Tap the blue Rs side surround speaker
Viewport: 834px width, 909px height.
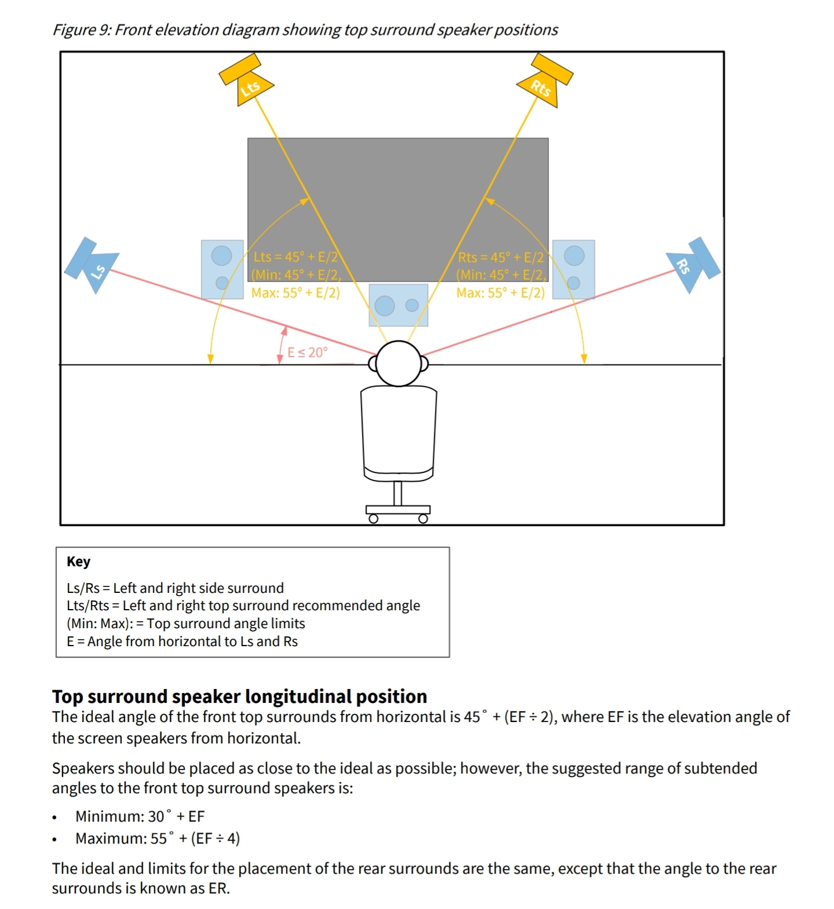tap(693, 264)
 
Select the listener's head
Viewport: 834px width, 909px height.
tap(398, 363)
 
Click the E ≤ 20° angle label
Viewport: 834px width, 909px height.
tap(308, 352)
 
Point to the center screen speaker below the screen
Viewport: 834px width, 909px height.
tap(398, 305)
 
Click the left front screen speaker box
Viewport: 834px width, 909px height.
tap(222, 269)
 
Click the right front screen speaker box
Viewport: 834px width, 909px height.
tap(573, 269)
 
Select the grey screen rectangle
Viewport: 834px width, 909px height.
tap(398, 191)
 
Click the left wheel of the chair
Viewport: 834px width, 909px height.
tap(374, 519)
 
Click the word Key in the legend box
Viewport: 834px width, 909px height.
tap(79, 562)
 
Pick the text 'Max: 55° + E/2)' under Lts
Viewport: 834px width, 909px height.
tap(295, 293)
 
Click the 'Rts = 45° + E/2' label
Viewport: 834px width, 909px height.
tap(500, 257)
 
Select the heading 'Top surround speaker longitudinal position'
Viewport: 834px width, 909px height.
tap(240, 696)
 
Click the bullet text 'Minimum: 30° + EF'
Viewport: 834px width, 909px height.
tap(140, 816)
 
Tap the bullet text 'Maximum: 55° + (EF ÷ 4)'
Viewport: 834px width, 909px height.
tap(158, 838)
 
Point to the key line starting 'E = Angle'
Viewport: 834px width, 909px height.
tap(182, 642)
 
